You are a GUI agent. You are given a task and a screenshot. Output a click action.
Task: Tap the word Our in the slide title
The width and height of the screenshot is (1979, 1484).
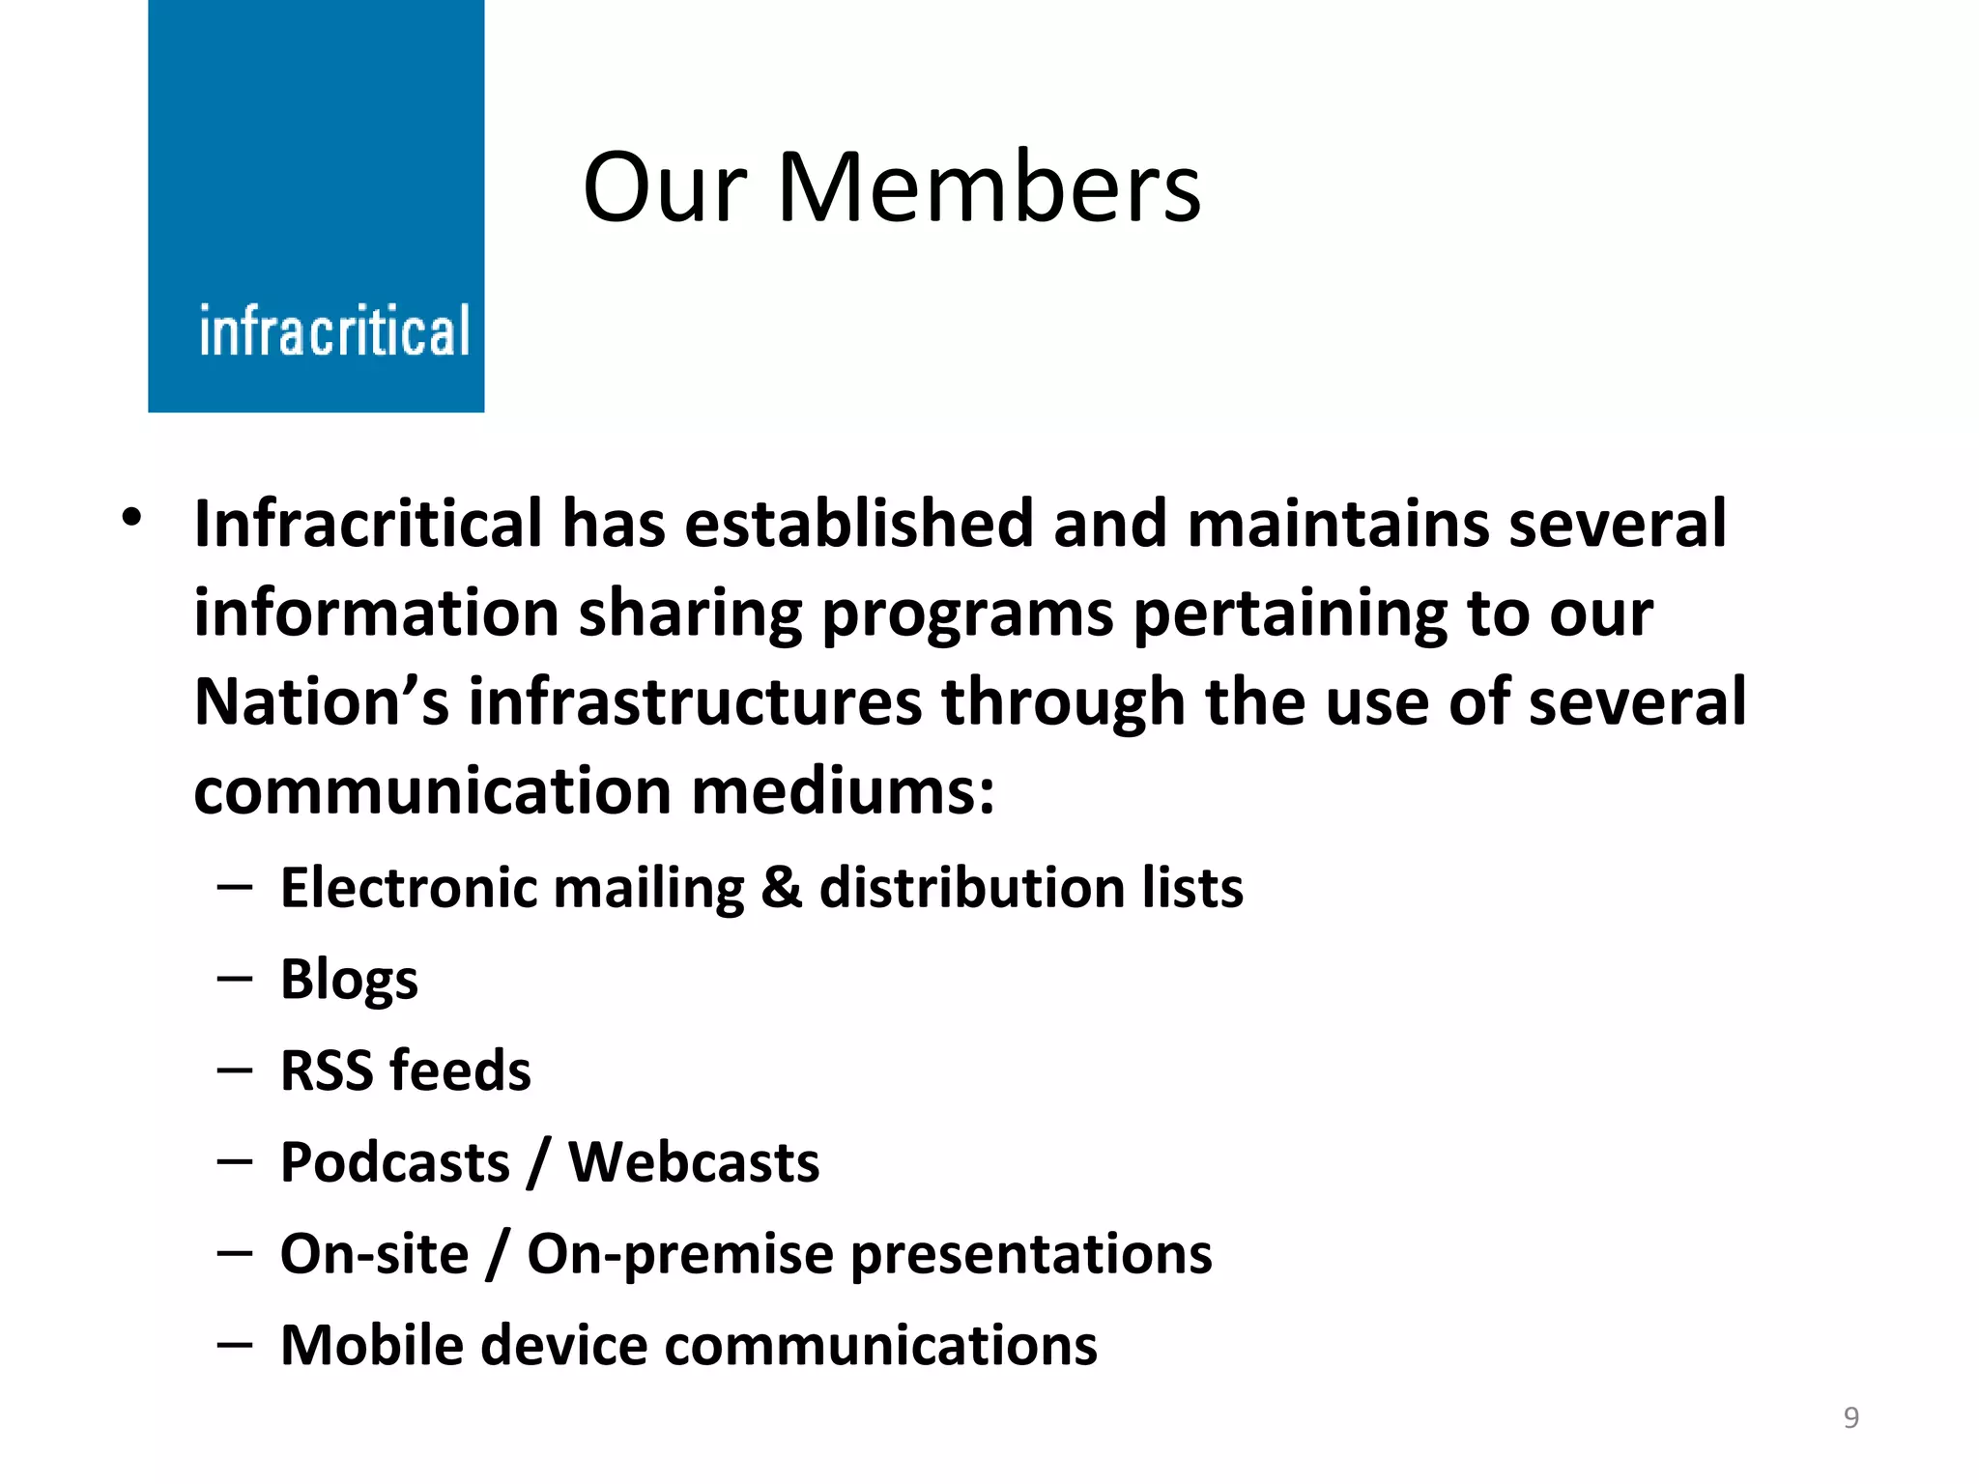[x=666, y=188]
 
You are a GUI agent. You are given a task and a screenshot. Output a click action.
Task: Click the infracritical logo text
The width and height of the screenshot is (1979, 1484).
[x=334, y=331]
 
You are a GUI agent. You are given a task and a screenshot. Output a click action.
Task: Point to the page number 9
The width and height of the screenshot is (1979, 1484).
[x=1850, y=1417]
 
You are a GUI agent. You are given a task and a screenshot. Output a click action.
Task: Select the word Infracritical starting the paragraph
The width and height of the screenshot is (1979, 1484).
[x=367, y=524]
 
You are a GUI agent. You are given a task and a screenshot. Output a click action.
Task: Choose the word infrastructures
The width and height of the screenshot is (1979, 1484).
[x=695, y=702]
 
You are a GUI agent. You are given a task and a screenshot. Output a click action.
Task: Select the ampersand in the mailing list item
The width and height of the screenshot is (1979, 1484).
[x=781, y=888]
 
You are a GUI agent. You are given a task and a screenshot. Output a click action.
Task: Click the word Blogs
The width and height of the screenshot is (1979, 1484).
[x=349, y=980]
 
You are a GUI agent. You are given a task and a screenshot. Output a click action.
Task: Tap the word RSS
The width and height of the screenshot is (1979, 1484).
[x=326, y=1070]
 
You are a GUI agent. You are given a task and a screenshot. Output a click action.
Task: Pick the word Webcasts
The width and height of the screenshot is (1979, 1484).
[x=694, y=1162]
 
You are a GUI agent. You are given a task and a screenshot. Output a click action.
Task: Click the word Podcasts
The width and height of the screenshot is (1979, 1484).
[x=394, y=1162]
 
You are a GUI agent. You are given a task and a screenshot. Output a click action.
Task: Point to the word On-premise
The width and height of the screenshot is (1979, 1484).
[x=679, y=1255]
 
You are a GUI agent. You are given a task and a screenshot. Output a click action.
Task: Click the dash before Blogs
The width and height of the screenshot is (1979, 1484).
[x=235, y=980]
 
